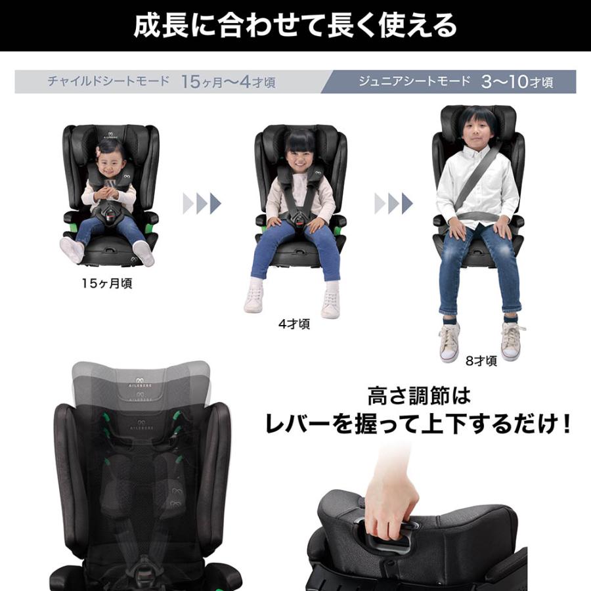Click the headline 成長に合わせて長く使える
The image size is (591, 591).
point(295,26)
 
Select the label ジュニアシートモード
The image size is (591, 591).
point(414,81)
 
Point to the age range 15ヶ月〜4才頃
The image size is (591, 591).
point(228,82)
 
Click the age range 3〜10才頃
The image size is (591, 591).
point(517,82)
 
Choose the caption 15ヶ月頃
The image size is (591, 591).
point(107,284)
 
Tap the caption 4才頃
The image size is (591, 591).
point(294,324)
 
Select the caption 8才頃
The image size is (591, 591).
point(482,361)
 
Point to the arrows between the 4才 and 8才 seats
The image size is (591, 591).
point(393,204)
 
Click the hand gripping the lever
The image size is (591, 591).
point(390,496)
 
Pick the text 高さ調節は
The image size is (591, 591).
point(419,397)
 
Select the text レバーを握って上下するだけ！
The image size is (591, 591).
point(418,425)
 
